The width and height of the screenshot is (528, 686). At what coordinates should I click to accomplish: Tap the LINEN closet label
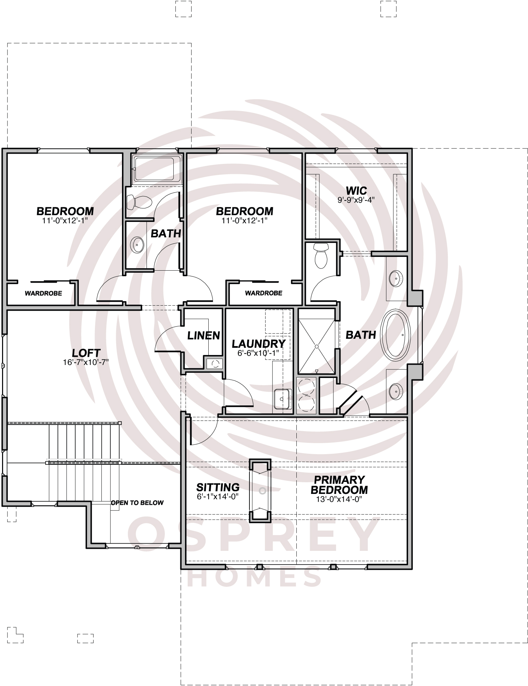coord(204,335)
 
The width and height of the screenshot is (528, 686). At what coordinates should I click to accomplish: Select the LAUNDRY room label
coord(259,344)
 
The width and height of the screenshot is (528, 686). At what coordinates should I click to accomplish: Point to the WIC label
coord(356,190)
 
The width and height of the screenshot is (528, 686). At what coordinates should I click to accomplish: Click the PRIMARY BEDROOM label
coord(339,485)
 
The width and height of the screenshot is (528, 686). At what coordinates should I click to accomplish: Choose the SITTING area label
coord(218,487)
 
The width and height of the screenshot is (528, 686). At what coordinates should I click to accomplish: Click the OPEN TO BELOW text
coord(137,502)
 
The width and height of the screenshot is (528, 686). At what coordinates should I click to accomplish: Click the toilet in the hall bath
coord(139,202)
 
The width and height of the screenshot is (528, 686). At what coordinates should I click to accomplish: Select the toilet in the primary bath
coord(321,256)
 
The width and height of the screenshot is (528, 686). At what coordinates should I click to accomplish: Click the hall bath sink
coord(137,245)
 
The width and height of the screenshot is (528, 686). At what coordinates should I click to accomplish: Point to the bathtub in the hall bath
coord(157,168)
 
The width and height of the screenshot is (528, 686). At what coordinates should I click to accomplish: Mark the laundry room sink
coord(282,399)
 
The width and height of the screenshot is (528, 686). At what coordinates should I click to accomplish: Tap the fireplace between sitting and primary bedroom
coord(259,491)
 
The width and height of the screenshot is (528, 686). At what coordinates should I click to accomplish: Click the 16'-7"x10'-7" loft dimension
coord(86,362)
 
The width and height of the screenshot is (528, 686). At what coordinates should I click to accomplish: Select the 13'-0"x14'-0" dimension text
coord(339,499)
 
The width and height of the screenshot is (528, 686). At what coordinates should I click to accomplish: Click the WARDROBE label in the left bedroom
coord(44,293)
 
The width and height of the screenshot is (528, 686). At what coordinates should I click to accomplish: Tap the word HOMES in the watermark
coord(255,576)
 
